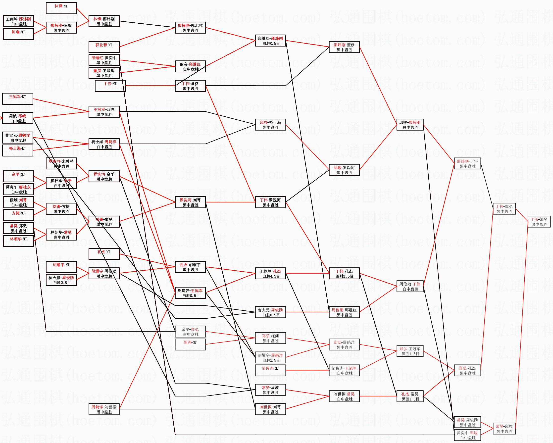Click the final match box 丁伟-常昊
click(x=539, y=222)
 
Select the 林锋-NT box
click(x=61, y=8)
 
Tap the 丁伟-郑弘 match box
click(x=504, y=209)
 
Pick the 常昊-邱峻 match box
click(x=504, y=429)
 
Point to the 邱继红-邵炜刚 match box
click(x=270, y=41)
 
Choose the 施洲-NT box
click(x=190, y=345)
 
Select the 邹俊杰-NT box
click(x=270, y=370)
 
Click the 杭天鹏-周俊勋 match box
click(x=61, y=280)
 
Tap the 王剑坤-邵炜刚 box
click(x=18, y=21)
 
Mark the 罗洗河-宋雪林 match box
click(x=61, y=163)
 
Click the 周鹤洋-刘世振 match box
click(x=104, y=409)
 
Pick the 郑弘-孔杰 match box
click(x=467, y=370)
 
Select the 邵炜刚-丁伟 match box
click(x=467, y=163)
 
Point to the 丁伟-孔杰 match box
click(x=344, y=273)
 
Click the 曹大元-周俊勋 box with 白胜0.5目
click(x=270, y=312)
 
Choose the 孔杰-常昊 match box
click(x=410, y=396)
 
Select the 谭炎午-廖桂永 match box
click(x=18, y=189)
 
